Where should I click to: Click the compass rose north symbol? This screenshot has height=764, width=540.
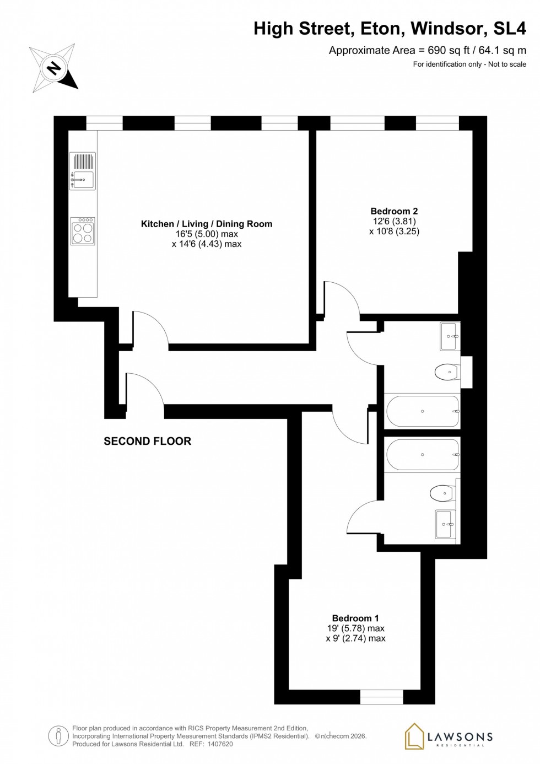tap(54, 68)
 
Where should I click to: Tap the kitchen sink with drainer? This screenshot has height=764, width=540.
tap(83, 171)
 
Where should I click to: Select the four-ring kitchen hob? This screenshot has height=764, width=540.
tap(83, 232)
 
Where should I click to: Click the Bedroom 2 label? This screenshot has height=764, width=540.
tap(394, 211)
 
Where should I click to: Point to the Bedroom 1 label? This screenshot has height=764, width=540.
tap(355, 618)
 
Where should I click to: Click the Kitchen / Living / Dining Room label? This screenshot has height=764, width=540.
tap(207, 224)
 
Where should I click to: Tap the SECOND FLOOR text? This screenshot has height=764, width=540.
tap(147, 441)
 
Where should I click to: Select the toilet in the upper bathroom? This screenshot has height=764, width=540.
tap(446, 373)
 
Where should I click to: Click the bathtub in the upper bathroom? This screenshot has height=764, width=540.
tap(423, 411)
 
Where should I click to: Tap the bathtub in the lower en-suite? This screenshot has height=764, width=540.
tap(423, 455)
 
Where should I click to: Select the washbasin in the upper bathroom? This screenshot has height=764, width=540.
tap(449, 336)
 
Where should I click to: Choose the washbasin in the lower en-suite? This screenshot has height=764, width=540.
tap(445, 524)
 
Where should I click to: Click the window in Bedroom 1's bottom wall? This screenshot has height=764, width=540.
tap(381, 697)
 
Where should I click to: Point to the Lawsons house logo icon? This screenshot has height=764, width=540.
tap(414, 736)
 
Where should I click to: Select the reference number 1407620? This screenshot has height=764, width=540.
tap(220, 744)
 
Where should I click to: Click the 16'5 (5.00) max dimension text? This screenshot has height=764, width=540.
tap(207, 234)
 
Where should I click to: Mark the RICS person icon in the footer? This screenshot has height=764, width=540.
tap(58, 736)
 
